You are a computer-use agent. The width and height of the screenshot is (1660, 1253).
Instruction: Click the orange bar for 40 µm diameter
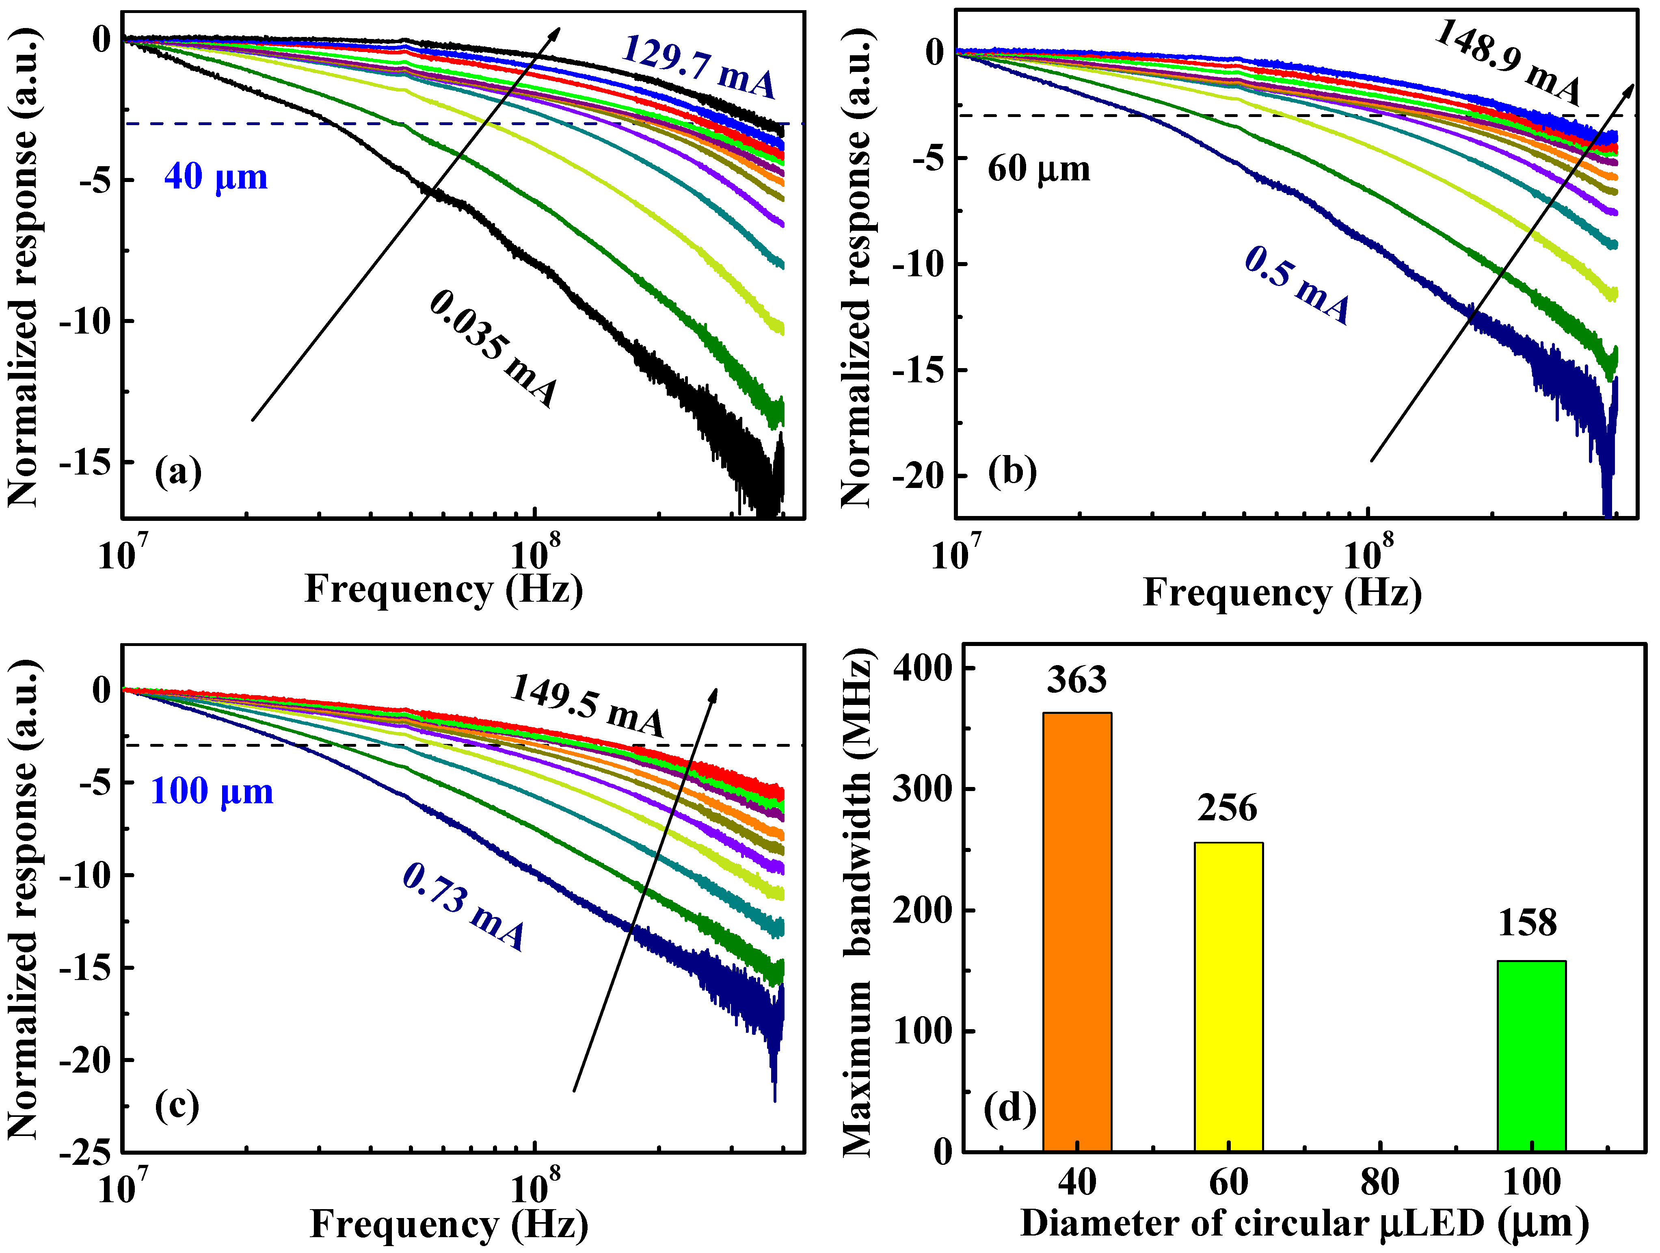pos(1077,931)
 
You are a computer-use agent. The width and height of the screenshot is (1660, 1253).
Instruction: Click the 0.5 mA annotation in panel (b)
pos(1297,285)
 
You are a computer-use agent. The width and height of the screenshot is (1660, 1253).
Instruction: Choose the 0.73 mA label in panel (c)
pos(464,906)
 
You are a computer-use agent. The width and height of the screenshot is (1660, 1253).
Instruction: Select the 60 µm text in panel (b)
pos(1039,169)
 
